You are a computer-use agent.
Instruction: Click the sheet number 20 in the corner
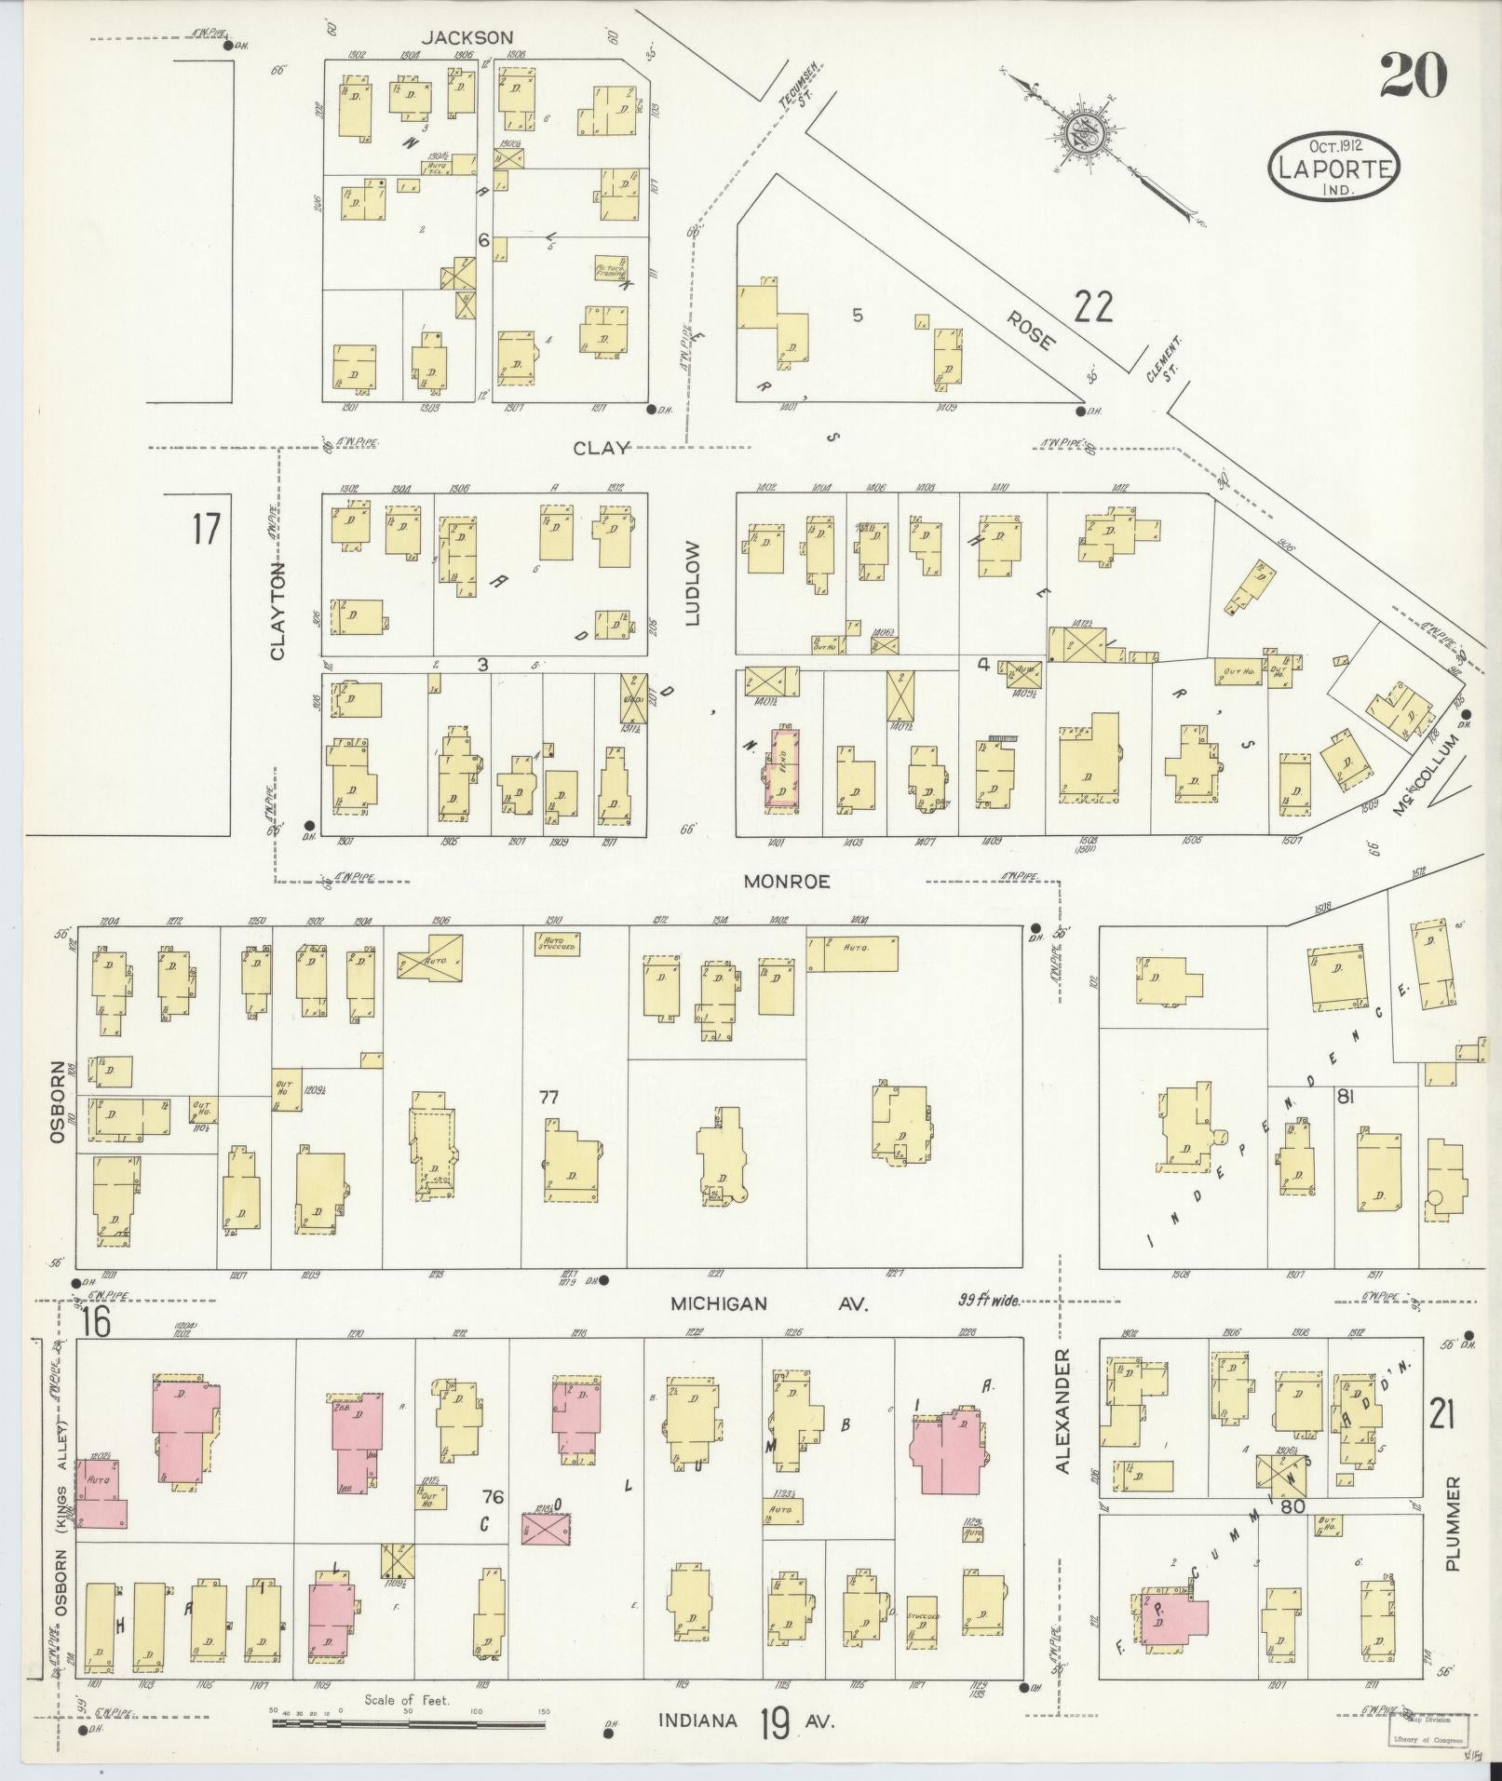(1413, 75)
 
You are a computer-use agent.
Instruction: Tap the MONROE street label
(786, 880)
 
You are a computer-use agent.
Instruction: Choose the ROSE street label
(1030, 330)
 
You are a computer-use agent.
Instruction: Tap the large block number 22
(1092, 305)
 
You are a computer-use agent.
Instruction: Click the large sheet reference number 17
(206, 530)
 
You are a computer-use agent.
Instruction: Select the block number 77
(548, 1098)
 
